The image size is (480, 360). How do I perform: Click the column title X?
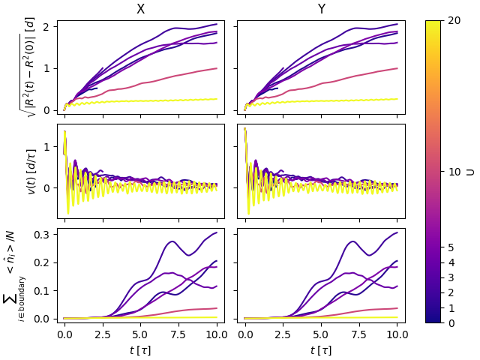[140, 10]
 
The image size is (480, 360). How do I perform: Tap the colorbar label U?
[470, 172]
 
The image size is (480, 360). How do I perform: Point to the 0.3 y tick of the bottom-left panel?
[44, 235]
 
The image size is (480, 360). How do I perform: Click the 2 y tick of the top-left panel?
[49, 27]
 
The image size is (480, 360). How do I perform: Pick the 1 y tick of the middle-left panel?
[49, 146]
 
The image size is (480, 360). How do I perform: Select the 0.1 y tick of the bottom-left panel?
[44, 290]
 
